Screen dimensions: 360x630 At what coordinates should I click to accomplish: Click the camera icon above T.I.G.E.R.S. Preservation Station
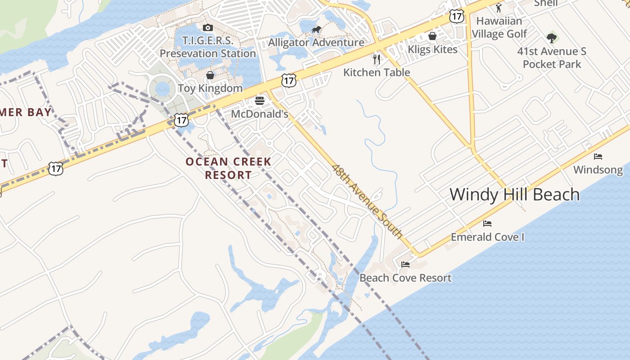[x=207, y=28]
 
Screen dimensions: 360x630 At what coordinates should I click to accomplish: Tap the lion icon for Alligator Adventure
[x=316, y=30]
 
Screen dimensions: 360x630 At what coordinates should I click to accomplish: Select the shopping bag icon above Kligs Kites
[x=432, y=36]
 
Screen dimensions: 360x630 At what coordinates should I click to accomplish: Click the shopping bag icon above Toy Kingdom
[x=210, y=75]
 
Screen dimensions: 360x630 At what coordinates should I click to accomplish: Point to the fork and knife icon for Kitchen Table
[x=377, y=59]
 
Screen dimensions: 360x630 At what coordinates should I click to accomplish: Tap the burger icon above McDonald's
[x=259, y=101]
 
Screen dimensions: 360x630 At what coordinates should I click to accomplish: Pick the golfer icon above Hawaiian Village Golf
[x=498, y=8]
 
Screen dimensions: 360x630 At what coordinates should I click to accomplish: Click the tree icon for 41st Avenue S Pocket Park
[x=552, y=38]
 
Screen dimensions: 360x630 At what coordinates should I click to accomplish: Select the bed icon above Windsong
[x=598, y=157]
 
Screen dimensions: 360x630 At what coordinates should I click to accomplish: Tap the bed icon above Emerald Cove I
[x=487, y=224]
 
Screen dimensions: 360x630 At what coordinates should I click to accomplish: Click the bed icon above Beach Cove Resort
[x=405, y=265]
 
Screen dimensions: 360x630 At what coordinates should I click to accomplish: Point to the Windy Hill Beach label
[x=514, y=195]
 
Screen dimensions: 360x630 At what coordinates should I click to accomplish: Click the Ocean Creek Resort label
[x=229, y=168]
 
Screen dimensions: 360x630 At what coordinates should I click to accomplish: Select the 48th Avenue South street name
[x=367, y=201]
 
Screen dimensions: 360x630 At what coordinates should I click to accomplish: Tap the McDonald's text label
[x=259, y=114]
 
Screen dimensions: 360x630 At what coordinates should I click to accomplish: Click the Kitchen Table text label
[x=377, y=72]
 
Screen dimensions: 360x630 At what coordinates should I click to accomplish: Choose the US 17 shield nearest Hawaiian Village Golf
[x=456, y=17]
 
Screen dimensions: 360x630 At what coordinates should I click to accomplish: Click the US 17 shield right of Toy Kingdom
[x=288, y=81]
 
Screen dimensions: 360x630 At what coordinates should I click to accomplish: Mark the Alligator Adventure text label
[x=316, y=43]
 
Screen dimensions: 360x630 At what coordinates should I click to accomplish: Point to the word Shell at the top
[x=545, y=3]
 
